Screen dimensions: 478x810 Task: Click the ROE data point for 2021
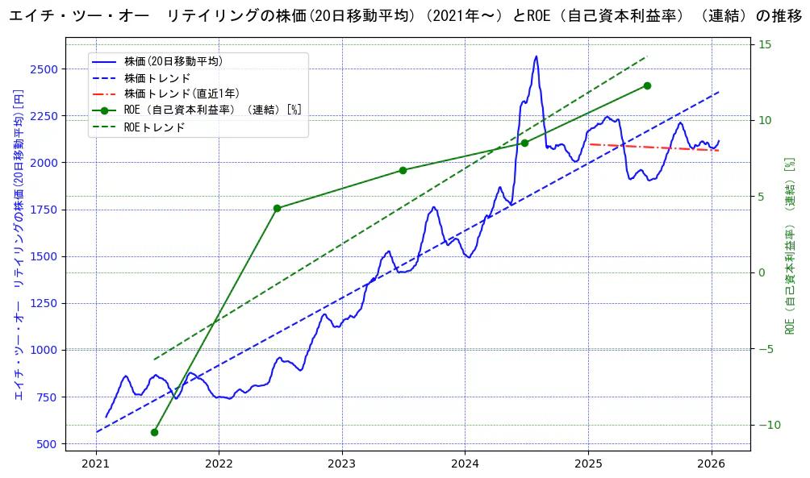click(154, 432)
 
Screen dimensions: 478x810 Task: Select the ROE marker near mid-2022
click(277, 208)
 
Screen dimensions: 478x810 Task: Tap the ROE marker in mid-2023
click(403, 170)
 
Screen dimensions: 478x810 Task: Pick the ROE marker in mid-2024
click(524, 143)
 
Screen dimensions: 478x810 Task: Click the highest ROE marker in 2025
click(647, 85)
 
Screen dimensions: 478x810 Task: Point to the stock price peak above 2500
click(536, 56)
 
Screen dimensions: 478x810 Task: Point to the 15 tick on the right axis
click(764, 44)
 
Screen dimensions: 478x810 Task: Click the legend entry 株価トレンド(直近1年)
click(182, 94)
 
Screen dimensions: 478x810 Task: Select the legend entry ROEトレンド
click(154, 127)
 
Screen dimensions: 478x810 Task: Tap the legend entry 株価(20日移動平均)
click(173, 61)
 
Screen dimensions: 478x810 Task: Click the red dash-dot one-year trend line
click(653, 147)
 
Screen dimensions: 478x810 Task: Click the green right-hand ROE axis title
click(790, 246)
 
